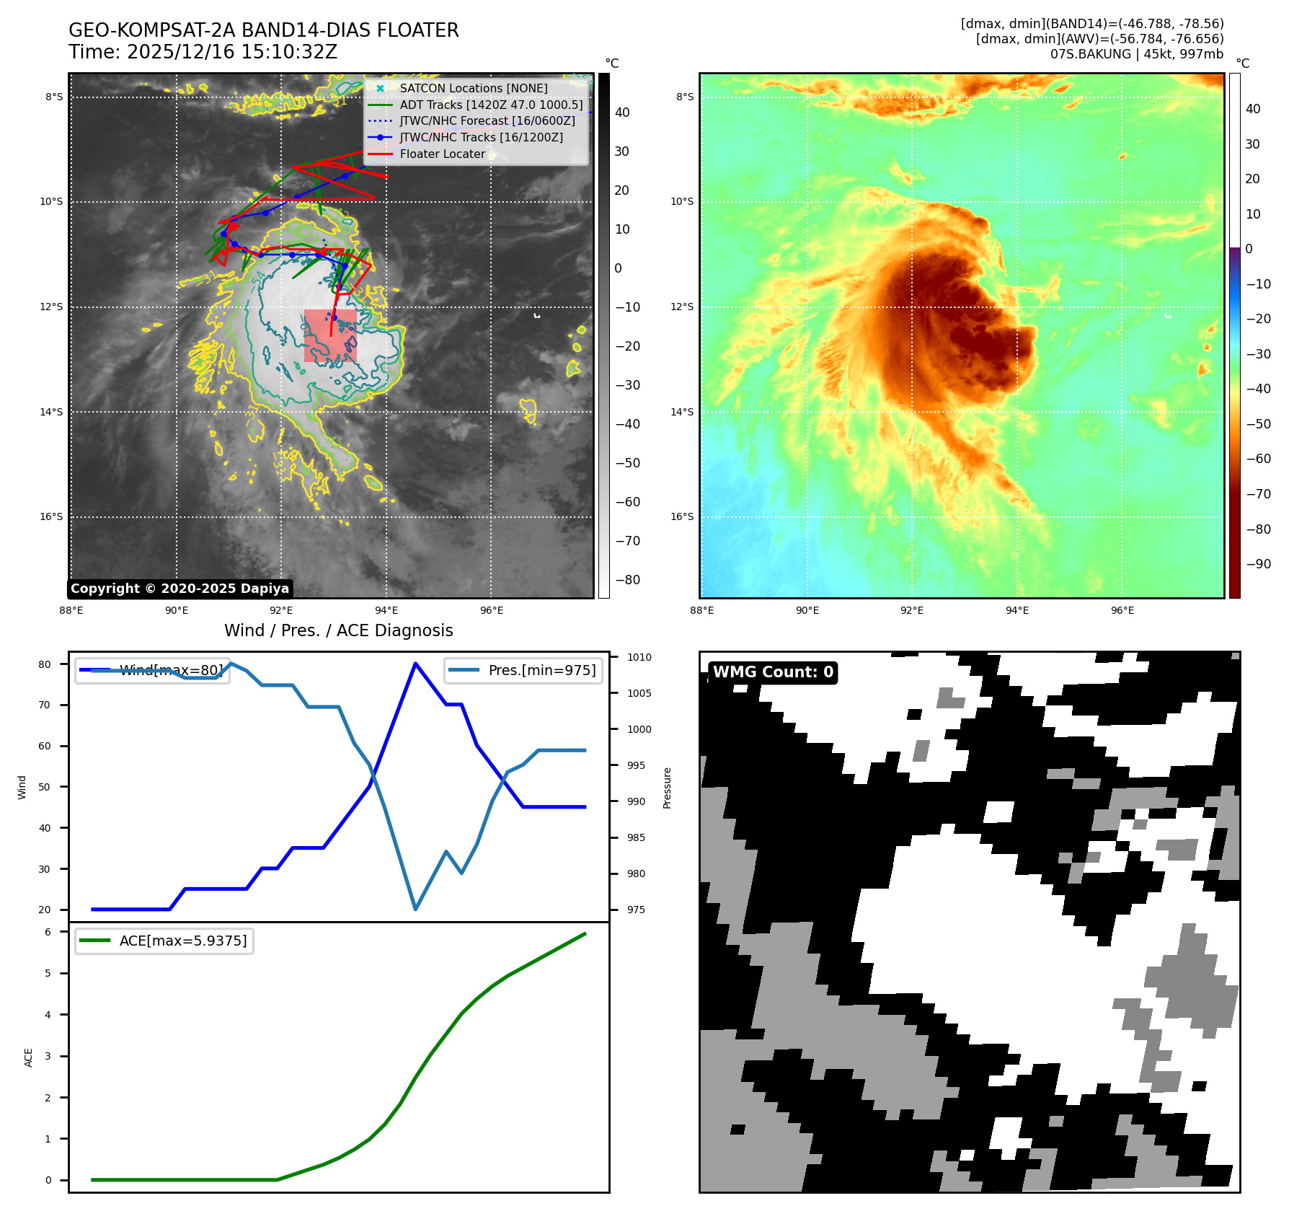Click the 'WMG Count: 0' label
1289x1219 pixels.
tap(772, 672)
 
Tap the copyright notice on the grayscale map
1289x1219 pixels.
tap(180, 589)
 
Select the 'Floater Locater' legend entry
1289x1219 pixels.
tap(442, 154)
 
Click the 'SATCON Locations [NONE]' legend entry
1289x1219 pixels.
tap(473, 88)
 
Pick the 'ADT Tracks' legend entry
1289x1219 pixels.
tap(490, 105)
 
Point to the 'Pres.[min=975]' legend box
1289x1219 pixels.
tap(524, 670)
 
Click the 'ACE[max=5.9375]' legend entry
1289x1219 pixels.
tap(164, 941)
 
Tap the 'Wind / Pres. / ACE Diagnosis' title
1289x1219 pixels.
tap(338, 630)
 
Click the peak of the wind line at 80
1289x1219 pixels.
tap(415, 664)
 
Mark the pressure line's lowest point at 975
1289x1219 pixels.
tap(415, 909)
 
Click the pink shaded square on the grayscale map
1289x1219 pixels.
tap(330, 335)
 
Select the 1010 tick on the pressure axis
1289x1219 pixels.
tap(639, 657)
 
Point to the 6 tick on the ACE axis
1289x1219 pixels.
tap(48, 932)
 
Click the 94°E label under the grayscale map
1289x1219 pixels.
tap(387, 610)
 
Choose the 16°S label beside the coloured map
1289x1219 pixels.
tap(682, 516)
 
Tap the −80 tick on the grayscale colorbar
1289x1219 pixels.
tap(627, 579)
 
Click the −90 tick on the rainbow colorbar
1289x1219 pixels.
tap(1258, 564)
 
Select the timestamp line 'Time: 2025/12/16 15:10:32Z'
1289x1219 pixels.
tap(203, 52)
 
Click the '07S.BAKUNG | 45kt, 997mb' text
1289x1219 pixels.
tap(1136, 54)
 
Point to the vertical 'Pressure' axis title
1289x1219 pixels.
tap(667, 788)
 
